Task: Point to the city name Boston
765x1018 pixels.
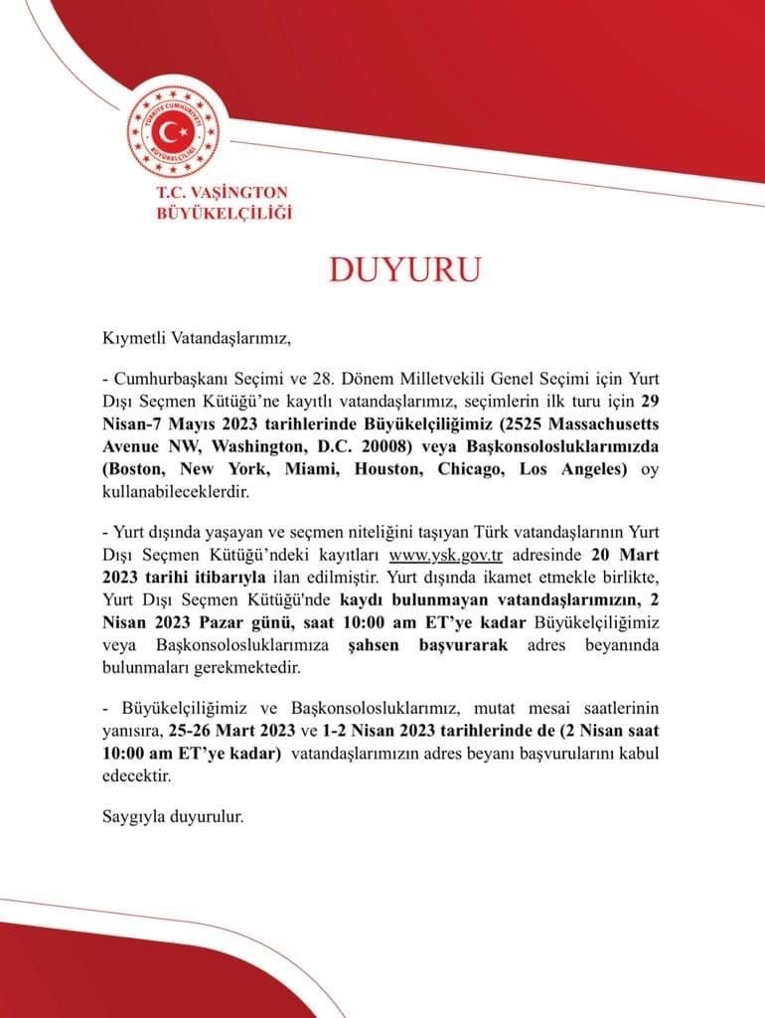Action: [x=136, y=469]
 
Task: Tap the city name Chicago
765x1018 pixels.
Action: [x=459, y=469]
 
